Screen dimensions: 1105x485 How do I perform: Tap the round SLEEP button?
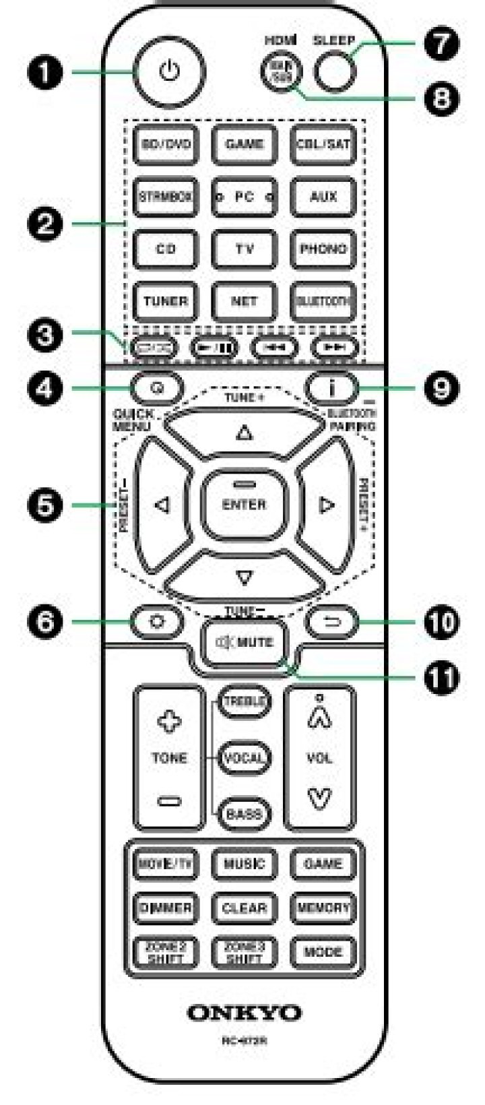pos(336,70)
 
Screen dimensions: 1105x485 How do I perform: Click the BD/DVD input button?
pos(165,144)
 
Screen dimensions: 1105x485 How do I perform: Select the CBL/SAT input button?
pos(323,144)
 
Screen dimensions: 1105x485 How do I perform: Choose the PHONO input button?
pos(323,249)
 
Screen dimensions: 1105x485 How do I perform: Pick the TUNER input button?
pos(165,301)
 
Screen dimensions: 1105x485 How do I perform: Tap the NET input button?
pos(244,301)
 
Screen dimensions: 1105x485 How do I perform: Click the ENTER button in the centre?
pos(244,504)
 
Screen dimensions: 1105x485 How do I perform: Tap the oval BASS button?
pos(244,814)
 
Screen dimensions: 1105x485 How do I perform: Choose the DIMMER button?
pos(165,908)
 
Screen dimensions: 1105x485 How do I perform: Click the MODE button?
pos(323,951)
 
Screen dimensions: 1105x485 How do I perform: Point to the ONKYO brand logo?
pos(244,1013)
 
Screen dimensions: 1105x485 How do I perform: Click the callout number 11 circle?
pos(442,676)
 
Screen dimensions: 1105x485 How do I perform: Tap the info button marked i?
pos(331,388)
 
